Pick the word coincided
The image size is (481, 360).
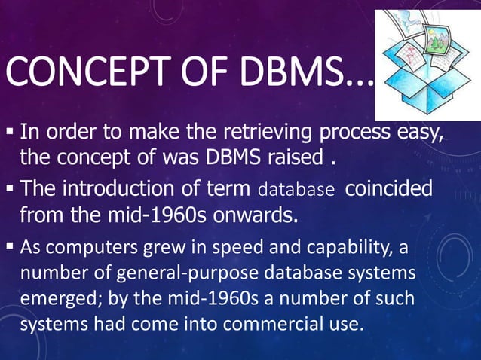coord(389,188)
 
